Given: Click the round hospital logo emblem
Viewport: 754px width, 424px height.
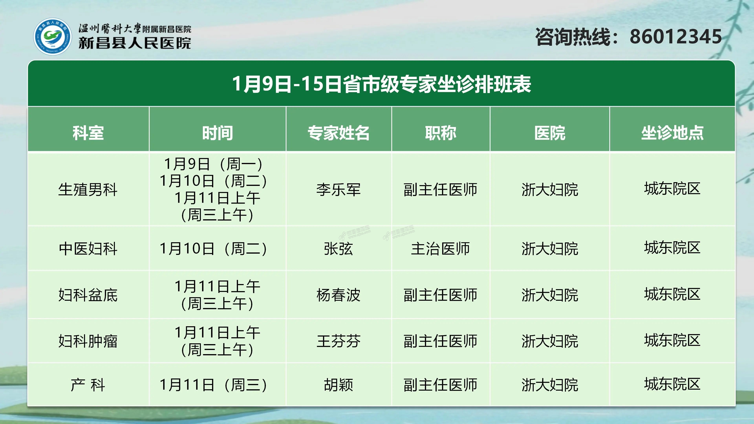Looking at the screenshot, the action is coord(53,37).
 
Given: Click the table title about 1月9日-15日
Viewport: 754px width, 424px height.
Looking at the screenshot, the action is coord(381,84).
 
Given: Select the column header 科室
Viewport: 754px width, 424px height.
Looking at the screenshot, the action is coord(88,133).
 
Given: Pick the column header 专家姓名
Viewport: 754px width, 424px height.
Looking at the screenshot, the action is coord(338,133).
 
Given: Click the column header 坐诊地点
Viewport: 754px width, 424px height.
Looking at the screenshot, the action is coord(672,133).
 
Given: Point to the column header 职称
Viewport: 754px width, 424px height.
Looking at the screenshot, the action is coord(440,133).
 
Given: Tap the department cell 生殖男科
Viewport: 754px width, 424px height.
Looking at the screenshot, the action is coord(88,189).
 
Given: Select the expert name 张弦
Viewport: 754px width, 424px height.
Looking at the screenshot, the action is coord(338,249).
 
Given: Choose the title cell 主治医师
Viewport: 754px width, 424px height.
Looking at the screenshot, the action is coord(440,249).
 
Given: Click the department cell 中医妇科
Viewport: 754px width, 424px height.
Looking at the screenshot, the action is coord(88,249).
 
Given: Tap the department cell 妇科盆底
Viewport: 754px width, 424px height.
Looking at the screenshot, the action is coord(88,295).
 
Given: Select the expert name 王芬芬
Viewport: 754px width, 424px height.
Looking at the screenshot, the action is coord(338,341).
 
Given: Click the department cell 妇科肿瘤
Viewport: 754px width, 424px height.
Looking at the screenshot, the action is coord(88,341).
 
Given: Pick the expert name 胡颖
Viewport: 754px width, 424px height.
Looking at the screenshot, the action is coord(338,385).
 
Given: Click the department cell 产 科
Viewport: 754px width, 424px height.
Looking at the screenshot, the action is coord(88,385).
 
